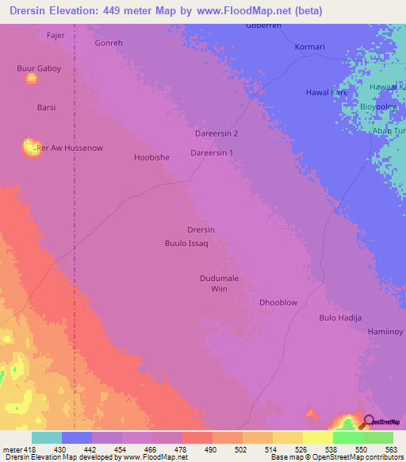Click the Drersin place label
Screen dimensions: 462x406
click(201, 229)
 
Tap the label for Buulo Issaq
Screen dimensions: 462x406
click(186, 243)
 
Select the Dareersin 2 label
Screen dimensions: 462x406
click(216, 133)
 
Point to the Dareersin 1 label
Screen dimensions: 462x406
click(213, 152)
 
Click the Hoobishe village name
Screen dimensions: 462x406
click(151, 157)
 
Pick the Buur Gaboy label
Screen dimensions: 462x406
click(39, 68)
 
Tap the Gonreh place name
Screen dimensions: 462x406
click(109, 43)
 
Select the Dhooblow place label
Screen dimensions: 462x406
click(278, 302)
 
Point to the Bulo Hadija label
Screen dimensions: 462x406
click(340, 318)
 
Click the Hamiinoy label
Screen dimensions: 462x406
click(385, 331)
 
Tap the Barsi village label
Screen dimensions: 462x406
click(46, 106)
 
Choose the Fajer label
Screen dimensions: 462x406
click(56, 35)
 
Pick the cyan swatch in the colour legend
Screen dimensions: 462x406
click(46, 437)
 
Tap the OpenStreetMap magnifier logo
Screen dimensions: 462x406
click(367, 422)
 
